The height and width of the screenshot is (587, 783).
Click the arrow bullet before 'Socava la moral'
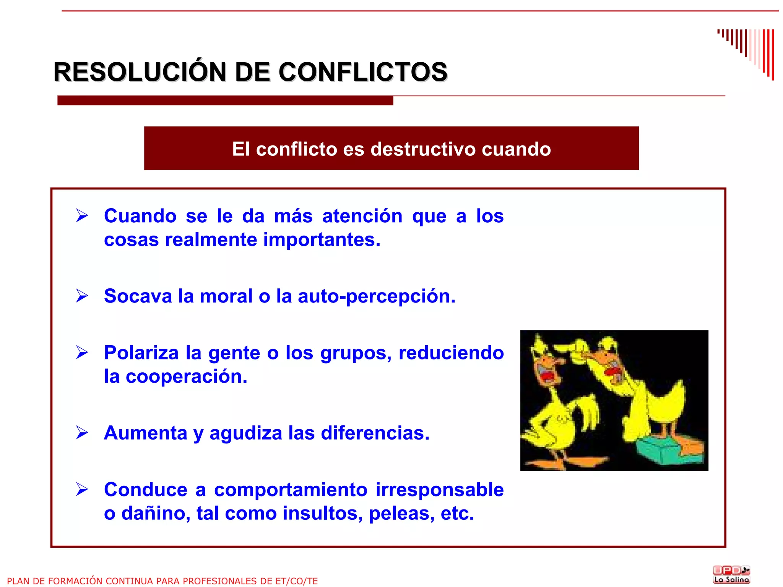click(82, 296)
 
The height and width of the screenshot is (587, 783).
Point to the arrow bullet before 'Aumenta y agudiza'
click(82, 433)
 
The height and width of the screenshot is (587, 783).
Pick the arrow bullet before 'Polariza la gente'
click(82, 353)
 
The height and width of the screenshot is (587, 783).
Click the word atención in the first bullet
click(362, 216)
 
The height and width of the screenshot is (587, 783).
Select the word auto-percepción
click(377, 296)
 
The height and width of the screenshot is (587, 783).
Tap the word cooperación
click(187, 377)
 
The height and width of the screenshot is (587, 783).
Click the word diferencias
click(375, 433)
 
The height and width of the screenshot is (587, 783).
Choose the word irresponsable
click(440, 490)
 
